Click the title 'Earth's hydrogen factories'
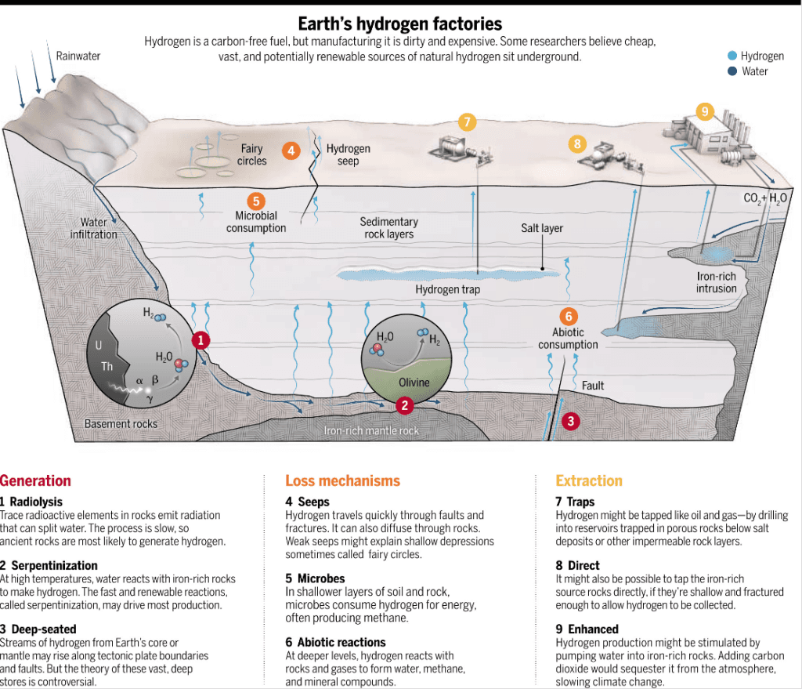[400, 24]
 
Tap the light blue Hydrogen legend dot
[732, 56]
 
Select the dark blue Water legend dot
[732, 71]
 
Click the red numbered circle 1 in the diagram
[201, 340]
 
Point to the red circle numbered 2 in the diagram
[404, 405]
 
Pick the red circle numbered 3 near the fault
[571, 421]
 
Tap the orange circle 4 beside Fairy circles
[291, 150]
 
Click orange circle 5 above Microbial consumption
[256, 201]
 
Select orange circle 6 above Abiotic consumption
[569, 317]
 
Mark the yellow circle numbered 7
[467, 121]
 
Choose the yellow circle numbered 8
[578, 143]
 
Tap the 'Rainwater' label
[78, 56]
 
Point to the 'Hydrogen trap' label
[448, 290]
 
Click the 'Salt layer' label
[542, 228]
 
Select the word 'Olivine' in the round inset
[414, 383]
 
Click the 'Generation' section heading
[35, 480]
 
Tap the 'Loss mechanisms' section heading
[342, 480]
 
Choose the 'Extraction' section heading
[589, 480]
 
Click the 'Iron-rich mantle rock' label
[371, 431]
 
